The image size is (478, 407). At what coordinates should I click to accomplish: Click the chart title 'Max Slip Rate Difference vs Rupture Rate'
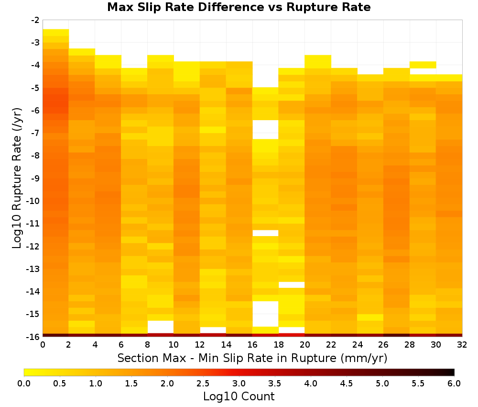pos(239,7)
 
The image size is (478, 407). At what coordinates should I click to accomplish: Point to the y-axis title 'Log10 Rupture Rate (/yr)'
pos(17,178)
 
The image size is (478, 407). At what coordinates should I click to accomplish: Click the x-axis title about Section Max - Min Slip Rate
pos(252,358)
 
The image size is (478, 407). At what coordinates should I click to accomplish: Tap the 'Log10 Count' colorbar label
pos(239,396)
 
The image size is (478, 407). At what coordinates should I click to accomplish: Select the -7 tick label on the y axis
pos(35,133)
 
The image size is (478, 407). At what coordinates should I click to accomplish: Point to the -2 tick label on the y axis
pos(35,20)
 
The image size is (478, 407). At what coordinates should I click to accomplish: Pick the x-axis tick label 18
pos(279,345)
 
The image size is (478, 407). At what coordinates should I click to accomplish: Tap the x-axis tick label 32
pos(462,345)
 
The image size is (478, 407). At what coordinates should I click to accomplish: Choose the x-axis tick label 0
pos(43,345)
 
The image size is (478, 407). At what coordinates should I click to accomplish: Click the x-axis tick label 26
pos(383,345)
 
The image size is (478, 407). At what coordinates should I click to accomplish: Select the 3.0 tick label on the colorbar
pos(239,383)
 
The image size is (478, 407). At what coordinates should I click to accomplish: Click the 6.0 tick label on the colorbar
pos(454,383)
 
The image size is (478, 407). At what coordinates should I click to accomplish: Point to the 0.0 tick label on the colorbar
pos(24,383)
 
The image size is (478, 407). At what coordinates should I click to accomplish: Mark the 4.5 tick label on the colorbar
pos(347,383)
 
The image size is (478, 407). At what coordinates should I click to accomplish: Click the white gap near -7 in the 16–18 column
pos(265,130)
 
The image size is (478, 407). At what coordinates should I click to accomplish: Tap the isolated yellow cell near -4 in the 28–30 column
pos(423,65)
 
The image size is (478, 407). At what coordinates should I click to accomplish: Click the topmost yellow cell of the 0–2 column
pos(56,33)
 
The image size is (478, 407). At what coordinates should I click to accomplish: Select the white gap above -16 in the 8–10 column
pos(161,327)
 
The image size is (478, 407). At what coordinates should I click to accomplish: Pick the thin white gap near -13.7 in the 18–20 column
pos(292,285)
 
